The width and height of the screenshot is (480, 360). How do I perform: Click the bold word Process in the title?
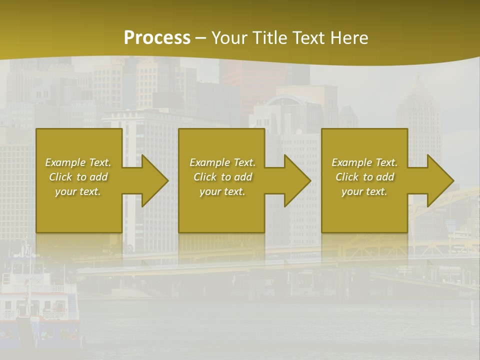tap(157, 38)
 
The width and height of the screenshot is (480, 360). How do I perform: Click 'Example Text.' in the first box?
tap(78, 162)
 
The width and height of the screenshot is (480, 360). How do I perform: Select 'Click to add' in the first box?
tap(78, 177)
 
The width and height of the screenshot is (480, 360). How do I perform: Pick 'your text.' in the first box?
tap(78, 191)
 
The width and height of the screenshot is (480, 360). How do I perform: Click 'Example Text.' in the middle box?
tap(222, 162)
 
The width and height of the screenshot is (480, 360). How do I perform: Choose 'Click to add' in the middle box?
tap(222, 177)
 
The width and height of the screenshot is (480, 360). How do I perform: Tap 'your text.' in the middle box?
tap(222, 191)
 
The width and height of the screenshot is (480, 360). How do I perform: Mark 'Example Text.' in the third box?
tap(364, 162)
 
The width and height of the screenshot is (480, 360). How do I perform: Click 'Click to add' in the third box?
tap(364, 177)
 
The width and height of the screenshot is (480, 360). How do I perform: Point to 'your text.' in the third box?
tap(364, 191)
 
